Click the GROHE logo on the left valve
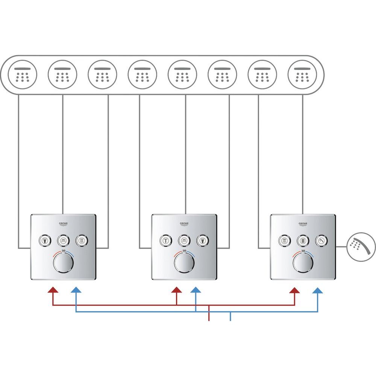63,224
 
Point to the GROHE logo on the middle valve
184,224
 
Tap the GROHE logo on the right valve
303,224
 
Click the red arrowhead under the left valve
53,290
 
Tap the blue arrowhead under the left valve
76,290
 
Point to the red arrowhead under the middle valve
176,290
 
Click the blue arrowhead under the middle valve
196,290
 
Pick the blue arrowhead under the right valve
318,290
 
